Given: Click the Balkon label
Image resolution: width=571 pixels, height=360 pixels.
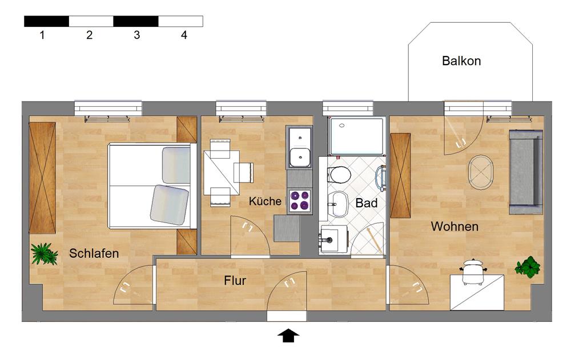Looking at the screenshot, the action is [461, 61].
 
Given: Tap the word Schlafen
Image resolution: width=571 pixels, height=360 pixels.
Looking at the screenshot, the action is [94, 253].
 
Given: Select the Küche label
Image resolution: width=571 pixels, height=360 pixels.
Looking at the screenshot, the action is [265, 201].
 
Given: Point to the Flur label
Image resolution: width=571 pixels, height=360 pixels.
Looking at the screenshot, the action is [235, 281].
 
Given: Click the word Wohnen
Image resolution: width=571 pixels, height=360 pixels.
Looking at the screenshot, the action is [455, 226].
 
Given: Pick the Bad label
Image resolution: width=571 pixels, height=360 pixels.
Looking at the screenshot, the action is [367, 203].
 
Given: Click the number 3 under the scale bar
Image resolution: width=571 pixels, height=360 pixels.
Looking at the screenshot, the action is [137, 35].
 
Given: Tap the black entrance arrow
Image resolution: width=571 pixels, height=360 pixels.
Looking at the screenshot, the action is [288, 335].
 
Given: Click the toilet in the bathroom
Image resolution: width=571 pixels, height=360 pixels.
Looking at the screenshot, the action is [339, 175].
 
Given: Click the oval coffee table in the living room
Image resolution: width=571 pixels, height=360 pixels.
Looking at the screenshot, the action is [480, 172].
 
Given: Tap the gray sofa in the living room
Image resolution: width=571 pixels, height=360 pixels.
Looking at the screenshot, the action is [526, 172].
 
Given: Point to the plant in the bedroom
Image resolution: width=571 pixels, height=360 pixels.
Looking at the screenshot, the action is [44, 253].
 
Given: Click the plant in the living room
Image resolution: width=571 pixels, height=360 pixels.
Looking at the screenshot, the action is [528, 267].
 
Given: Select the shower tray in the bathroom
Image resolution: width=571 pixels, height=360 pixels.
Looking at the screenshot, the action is [357, 135].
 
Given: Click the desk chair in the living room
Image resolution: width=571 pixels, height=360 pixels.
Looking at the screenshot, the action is [472, 272].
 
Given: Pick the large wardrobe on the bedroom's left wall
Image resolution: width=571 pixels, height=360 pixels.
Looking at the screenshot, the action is [42, 177].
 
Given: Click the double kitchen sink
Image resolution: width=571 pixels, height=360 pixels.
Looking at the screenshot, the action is [300, 147].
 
